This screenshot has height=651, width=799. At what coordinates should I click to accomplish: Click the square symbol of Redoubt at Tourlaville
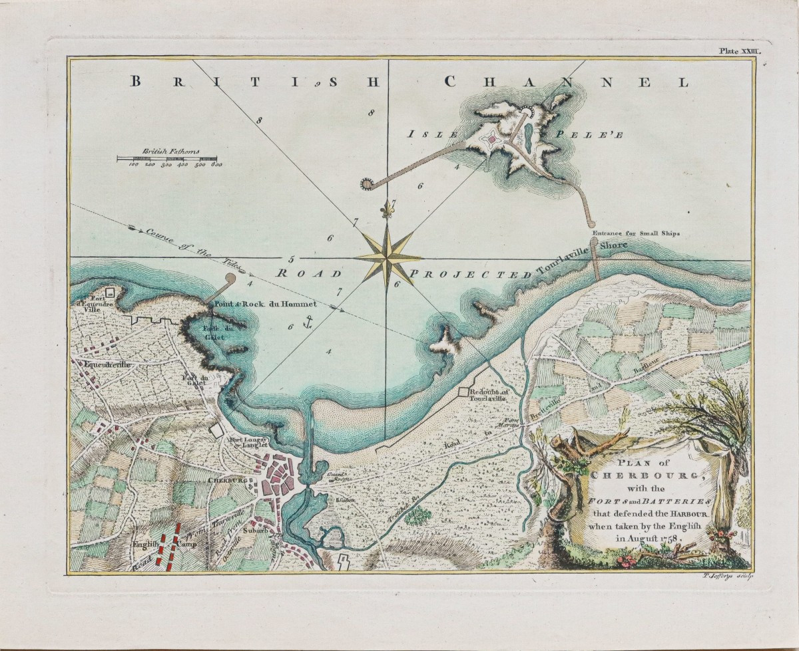click(464, 393)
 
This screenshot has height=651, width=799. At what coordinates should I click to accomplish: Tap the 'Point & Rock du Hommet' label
click(272, 305)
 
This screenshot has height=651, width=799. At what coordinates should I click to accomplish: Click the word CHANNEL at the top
click(565, 82)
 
